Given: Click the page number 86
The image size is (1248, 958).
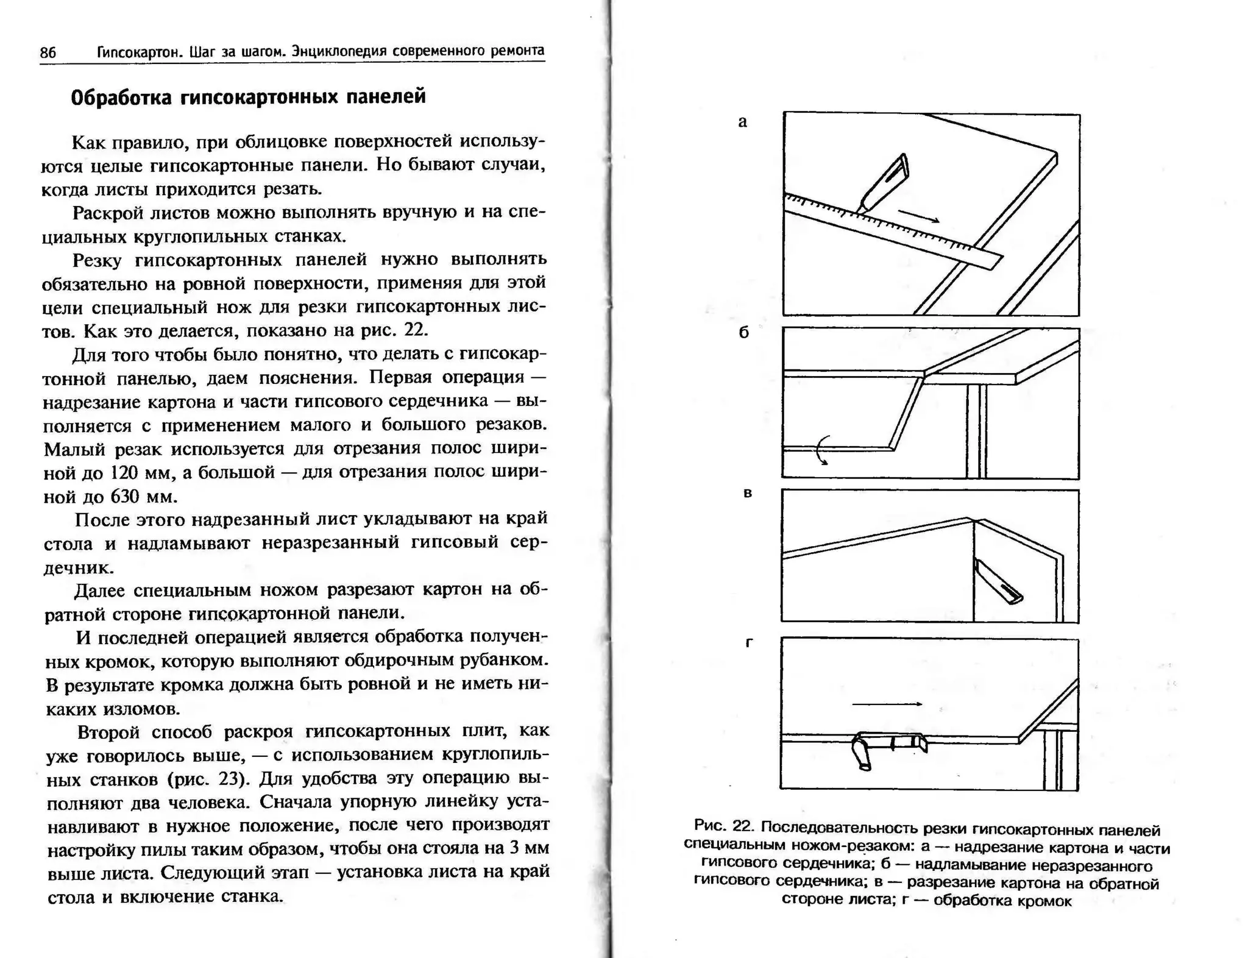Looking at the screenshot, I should click(x=48, y=53).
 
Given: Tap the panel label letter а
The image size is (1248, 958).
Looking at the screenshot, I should click(x=742, y=122).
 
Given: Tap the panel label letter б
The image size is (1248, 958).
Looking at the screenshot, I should click(x=743, y=333).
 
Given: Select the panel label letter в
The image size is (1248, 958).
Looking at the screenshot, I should click(x=748, y=493).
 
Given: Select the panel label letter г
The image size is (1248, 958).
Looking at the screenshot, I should click(x=750, y=643).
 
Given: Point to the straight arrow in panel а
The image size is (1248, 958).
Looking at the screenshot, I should click(x=918, y=216).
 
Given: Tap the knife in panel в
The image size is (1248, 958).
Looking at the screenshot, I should click(x=998, y=582).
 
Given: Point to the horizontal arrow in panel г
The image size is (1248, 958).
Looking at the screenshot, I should click(x=887, y=704).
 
